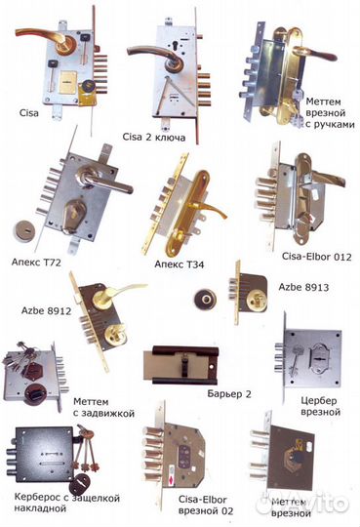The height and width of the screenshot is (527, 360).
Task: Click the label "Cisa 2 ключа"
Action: pyautogui.click(x=153, y=138)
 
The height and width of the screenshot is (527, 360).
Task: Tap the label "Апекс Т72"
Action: pyautogui.click(x=36, y=263)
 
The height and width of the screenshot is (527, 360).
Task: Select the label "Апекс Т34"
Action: pyautogui.click(x=180, y=264)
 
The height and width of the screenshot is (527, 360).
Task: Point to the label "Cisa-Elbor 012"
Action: pyautogui.click(x=317, y=257)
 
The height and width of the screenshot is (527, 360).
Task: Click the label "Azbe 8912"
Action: pyautogui.click(x=47, y=310)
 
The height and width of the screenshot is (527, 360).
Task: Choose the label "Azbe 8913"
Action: pyautogui.click(x=303, y=287)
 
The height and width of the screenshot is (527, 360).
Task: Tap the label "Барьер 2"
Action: pyautogui.click(x=229, y=393)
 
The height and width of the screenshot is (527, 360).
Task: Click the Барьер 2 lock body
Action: pyautogui.click(x=181, y=365)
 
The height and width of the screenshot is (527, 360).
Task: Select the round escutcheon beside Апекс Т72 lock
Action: pyautogui.click(x=24, y=230)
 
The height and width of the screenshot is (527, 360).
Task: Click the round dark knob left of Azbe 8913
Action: pyautogui.click(x=205, y=299)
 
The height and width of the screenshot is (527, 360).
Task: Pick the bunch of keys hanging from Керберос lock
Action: pyautogui.click(x=86, y=448)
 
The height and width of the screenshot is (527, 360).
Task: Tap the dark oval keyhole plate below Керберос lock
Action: pyautogui.click(x=80, y=483)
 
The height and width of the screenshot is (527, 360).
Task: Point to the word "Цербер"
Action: pyautogui.click(x=319, y=401)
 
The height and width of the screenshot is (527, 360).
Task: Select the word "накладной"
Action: pyautogui.click(x=40, y=508)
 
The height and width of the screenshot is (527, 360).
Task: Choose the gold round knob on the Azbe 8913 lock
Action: pyautogui.click(x=257, y=301)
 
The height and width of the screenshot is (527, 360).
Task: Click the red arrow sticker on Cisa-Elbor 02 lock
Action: pyautogui.click(x=172, y=479)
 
